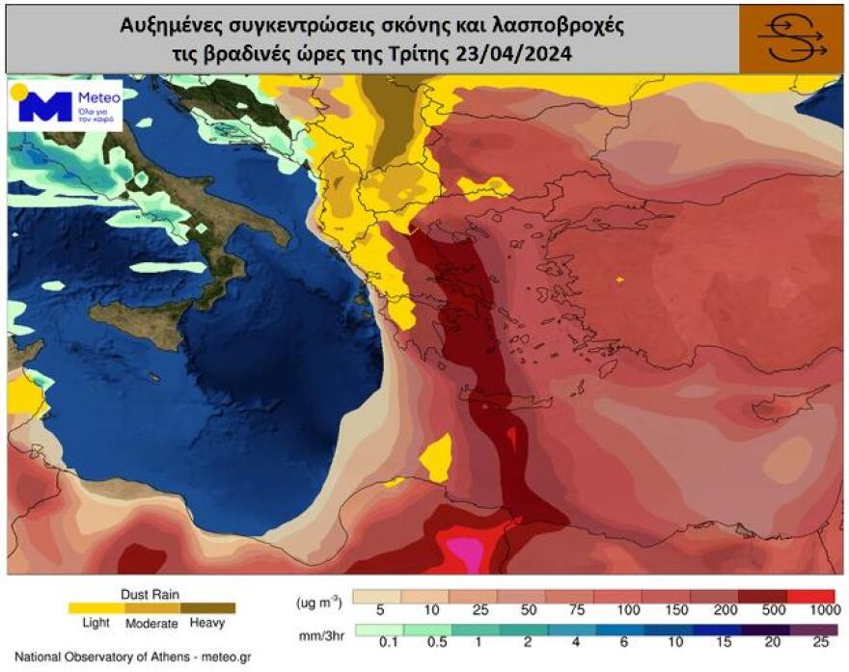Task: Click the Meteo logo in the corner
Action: click(x=66, y=104)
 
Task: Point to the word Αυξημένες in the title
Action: click(x=174, y=26)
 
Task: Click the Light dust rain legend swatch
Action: click(x=95, y=608)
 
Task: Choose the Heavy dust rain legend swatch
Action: click(x=207, y=608)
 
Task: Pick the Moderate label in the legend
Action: click(x=151, y=624)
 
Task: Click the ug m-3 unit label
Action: click(x=317, y=601)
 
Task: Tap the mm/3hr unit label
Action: click(x=317, y=636)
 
